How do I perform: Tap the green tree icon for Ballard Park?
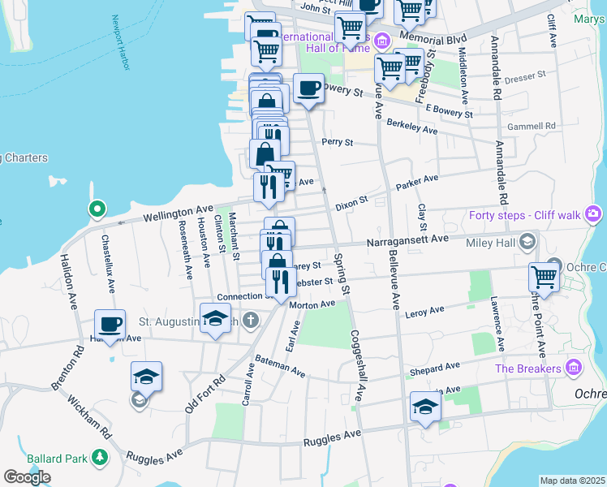[x=101, y=458]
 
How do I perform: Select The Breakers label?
[x=528, y=368]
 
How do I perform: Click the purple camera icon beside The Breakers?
[x=575, y=368]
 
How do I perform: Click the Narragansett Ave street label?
[x=407, y=239]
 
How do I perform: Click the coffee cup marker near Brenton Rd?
[x=110, y=325]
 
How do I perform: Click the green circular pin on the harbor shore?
[x=97, y=209]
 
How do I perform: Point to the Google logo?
[x=27, y=477]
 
